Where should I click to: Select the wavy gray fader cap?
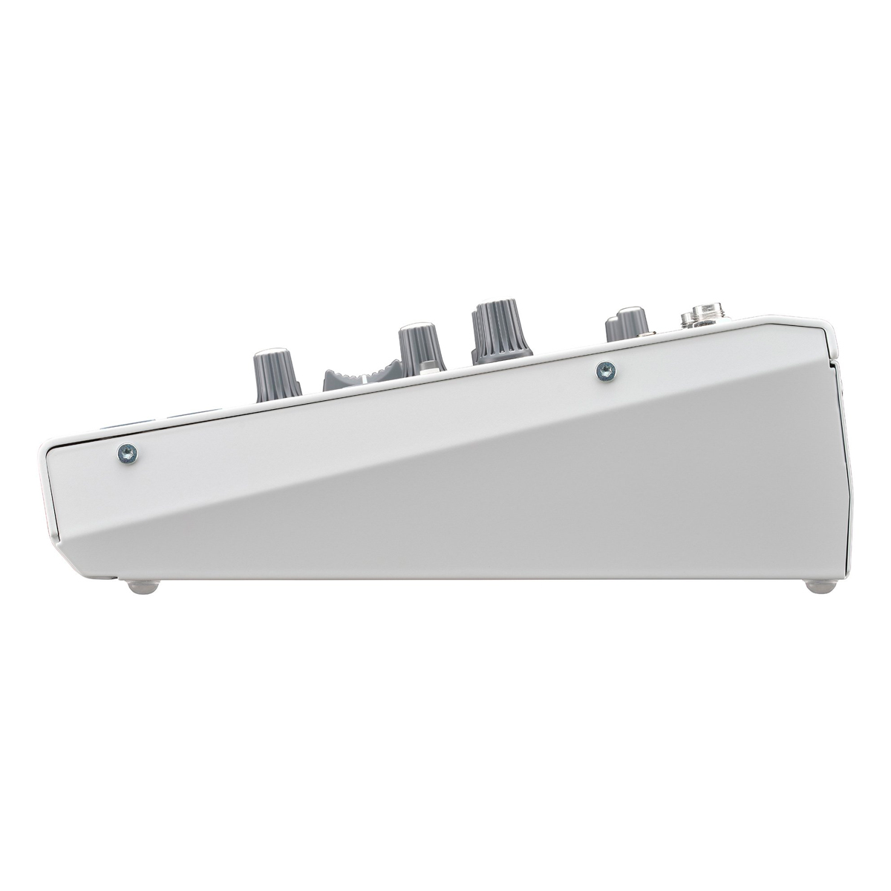pyautogui.click(x=355, y=373)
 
